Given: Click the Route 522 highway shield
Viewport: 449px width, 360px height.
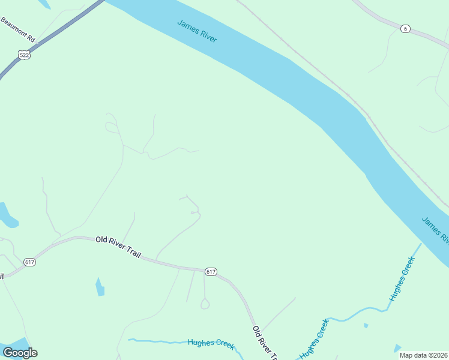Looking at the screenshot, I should tap(24, 54).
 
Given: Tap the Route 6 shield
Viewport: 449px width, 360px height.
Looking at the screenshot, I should tap(406, 29).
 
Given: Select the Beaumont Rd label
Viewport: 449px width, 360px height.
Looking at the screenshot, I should tap(18, 29).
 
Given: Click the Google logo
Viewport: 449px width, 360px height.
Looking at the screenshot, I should tap(20, 352).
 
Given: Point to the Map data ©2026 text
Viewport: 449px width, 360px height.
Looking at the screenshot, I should tap(424, 355).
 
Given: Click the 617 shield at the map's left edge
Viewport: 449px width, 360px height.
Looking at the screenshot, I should tap(29, 262).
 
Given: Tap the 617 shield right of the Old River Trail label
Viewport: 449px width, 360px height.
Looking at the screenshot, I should tap(211, 272).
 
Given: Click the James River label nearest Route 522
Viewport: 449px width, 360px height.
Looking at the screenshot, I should tap(197, 31).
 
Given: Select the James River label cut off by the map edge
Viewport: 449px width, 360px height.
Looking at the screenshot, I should tap(435, 230).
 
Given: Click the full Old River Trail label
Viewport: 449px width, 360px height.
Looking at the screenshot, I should tap(118, 247).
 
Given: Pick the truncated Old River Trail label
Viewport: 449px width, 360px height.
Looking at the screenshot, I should tap(265, 343).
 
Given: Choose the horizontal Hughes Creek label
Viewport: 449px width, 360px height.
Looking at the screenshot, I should tap(211, 343).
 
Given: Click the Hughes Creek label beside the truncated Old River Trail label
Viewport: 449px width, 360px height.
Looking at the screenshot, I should tap(314, 339).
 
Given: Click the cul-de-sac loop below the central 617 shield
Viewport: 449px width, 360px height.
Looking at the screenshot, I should tap(205, 305).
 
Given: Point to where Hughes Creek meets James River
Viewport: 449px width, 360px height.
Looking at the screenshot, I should tap(421, 244).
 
